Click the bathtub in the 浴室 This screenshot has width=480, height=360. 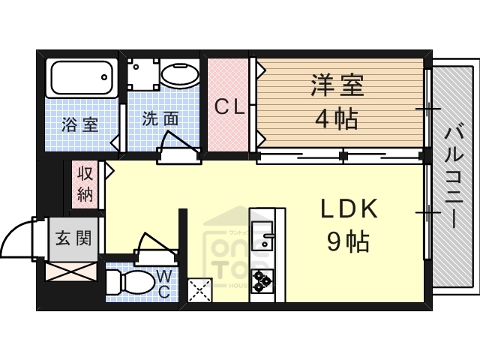[81, 76]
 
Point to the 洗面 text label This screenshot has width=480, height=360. [160, 118]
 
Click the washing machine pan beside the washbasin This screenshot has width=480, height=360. [142, 75]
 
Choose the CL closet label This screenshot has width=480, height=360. [229, 106]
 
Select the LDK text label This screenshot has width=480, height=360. [349, 209]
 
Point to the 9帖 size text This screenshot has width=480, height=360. [347, 241]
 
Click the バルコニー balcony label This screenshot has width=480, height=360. [452, 178]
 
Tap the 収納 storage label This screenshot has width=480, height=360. [84, 184]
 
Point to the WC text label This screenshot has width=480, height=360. [163, 284]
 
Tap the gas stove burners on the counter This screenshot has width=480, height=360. [262, 281]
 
